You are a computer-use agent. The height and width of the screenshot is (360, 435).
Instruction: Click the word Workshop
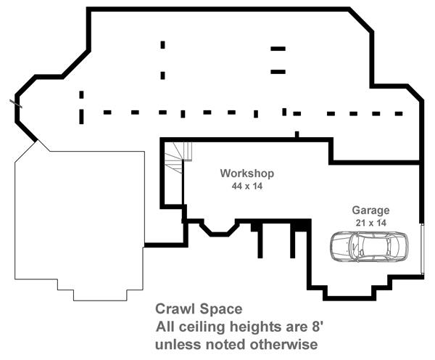(x=246, y=174)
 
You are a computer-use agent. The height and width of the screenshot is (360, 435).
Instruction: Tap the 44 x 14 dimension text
(x=246, y=187)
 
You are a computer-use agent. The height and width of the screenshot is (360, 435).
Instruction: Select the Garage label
(x=370, y=210)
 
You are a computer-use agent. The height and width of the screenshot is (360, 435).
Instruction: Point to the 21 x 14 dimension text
(x=370, y=223)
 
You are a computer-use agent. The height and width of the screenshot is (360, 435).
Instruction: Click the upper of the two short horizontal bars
(x=278, y=49)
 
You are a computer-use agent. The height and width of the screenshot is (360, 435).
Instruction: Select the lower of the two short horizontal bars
(x=278, y=71)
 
